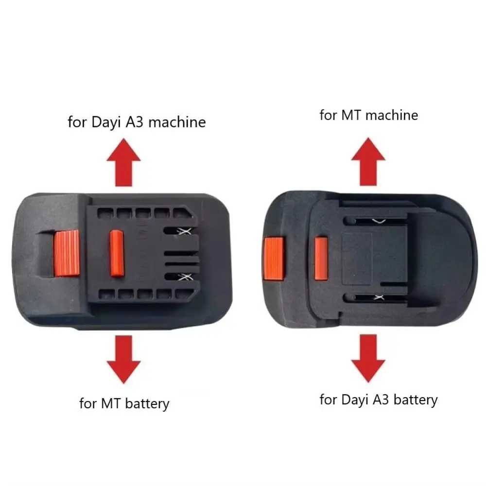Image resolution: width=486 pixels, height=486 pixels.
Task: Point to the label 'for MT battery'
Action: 124,403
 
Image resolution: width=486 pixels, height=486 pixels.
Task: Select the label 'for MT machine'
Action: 368,115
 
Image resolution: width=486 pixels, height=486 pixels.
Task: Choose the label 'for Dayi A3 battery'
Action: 379,399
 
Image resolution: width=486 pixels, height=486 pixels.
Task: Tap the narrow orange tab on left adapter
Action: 117,253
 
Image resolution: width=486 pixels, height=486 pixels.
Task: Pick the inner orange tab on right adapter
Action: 321,258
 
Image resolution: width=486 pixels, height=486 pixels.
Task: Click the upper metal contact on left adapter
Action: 184,232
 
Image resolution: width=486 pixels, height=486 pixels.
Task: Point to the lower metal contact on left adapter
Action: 184,277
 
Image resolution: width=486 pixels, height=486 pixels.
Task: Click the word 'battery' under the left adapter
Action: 147,403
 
